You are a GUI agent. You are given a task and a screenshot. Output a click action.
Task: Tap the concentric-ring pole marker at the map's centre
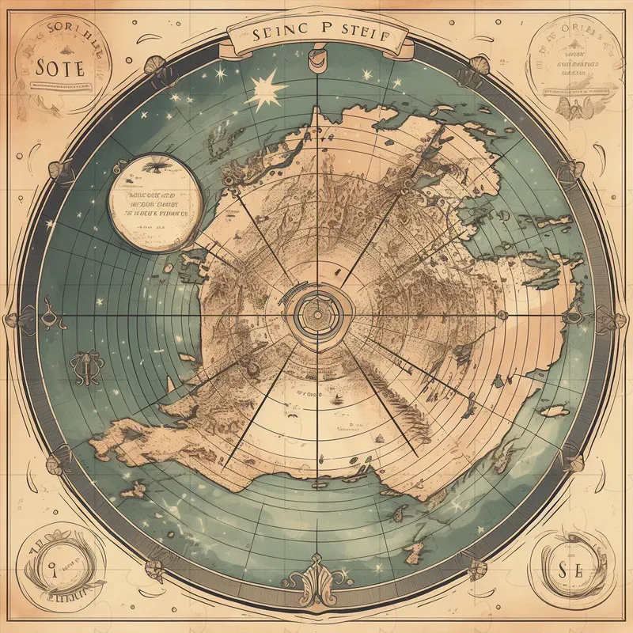click(316, 315)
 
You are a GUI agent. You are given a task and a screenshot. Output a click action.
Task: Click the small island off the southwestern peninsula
click(136, 491)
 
